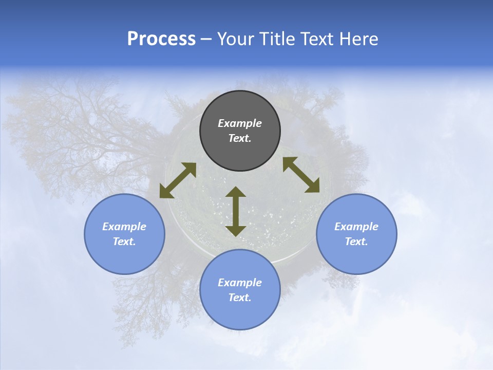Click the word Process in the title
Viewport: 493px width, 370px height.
pos(161,39)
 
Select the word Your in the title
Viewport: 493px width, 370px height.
pos(235,39)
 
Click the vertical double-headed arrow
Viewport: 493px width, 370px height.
pos(236,211)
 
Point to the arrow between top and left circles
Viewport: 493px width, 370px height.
pos(178,180)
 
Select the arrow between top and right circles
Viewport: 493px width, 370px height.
pos(301,175)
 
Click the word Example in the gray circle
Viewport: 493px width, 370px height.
pos(240,123)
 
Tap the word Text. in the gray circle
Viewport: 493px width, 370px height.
pos(240,138)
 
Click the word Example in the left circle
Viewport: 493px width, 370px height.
pos(124,227)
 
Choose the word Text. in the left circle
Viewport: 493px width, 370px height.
pos(124,242)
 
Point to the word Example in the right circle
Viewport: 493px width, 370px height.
pos(356,227)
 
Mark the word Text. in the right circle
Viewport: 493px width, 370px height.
pos(356,242)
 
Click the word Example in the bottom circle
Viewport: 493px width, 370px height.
pos(240,283)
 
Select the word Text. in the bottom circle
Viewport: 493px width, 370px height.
pos(240,298)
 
